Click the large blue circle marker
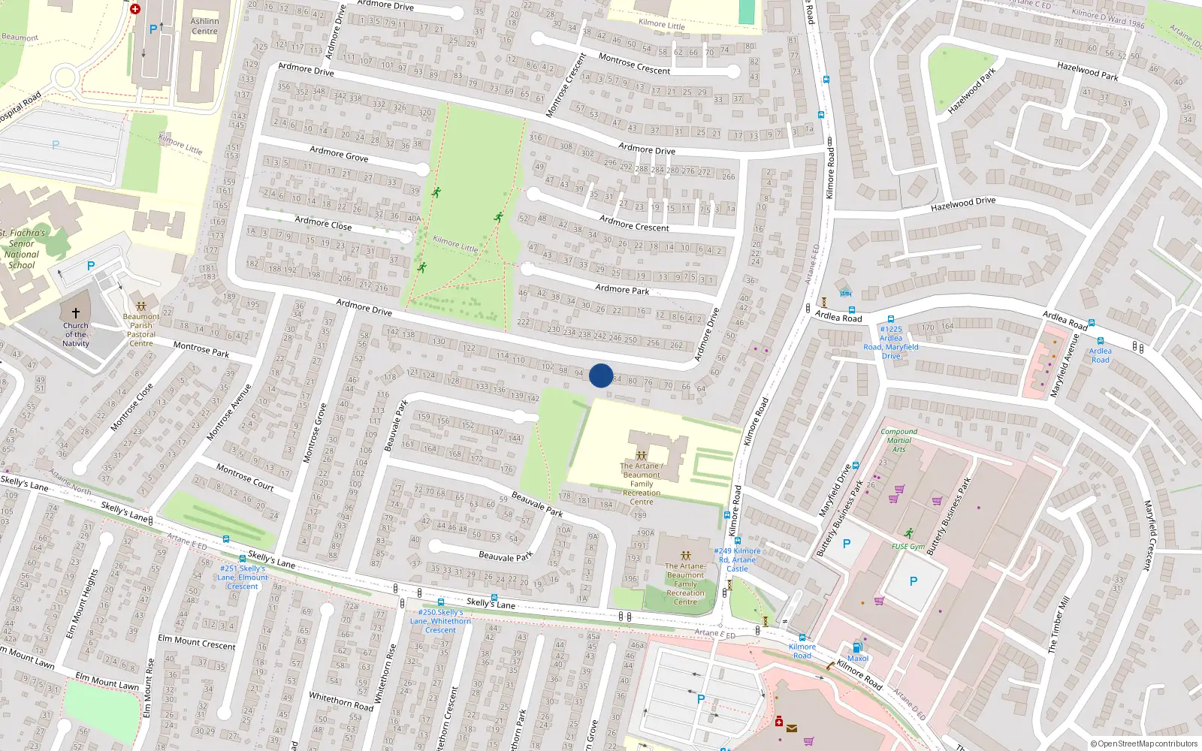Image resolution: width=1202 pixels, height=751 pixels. [x=601, y=375]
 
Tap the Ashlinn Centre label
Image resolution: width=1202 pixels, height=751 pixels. [x=204, y=26]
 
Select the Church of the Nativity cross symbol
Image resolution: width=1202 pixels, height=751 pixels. [x=76, y=312]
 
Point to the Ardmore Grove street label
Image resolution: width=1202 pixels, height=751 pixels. [x=339, y=155]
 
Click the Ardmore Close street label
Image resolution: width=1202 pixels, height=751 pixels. [x=323, y=223]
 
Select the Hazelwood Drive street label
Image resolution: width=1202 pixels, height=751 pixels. [x=962, y=204]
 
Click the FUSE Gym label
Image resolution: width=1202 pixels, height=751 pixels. [x=908, y=547]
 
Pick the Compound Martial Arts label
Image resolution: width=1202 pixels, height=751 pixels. [x=898, y=440]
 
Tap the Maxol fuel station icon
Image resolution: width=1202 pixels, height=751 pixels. [x=857, y=647]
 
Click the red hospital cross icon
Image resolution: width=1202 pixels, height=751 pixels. [x=135, y=9]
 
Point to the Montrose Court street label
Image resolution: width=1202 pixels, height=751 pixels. [x=245, y=477]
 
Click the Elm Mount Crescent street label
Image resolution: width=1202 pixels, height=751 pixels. [x=197, y=642]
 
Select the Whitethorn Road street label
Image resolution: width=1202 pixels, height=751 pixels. [x=341, y=701]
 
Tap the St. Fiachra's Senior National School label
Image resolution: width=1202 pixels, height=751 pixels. [x=22, y=249]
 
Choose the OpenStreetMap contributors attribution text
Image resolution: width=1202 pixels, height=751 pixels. [x=1143, y=743]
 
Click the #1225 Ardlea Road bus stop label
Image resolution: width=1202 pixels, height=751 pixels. [x=891, y=342]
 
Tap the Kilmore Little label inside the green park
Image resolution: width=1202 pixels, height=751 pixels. [x=455, y=244]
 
